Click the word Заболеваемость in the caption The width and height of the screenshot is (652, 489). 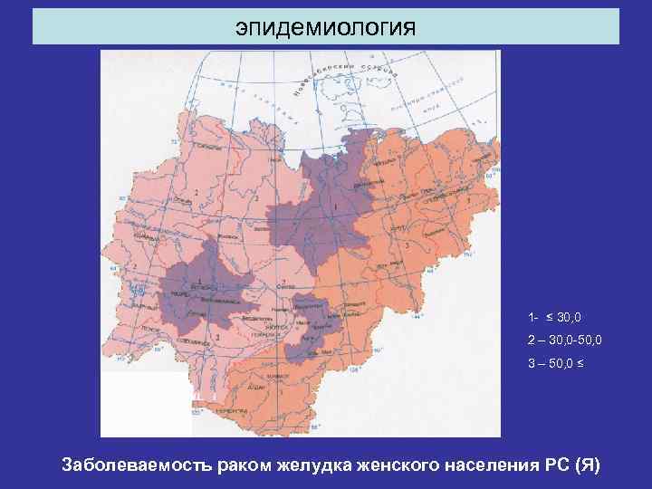click(x=135, y=465)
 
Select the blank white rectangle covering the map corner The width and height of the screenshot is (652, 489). click(x=146, y=404)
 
